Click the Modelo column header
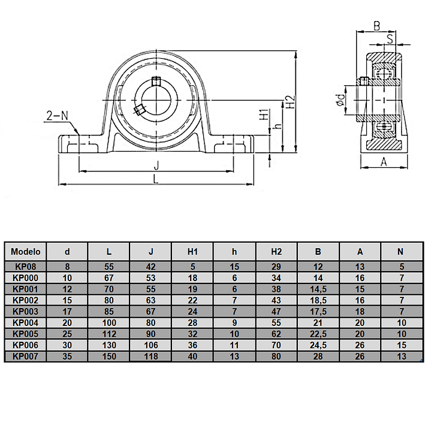click(x=26, y=252)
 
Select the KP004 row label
click(x=26, y=323)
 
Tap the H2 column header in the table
click(x=276, y=252)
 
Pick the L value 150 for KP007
click(x=109, y=357)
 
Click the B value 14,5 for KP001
click(x=318, y=289)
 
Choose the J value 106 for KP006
click(x=151, y=345)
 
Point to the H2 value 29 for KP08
click(x=276, y=267)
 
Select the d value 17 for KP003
click(x=67, y=312)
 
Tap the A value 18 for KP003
click(x=360, y=312)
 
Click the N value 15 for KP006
click(x=402, y=345)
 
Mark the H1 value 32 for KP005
click(x=192, y=334)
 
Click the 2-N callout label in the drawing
click(x=57, y=116)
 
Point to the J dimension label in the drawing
click(x=156, y=165)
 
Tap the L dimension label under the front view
click(x=156, y=179)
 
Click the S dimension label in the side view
click(x=390, y=39)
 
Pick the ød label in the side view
click(x=341, y=100)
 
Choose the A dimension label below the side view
click(x=384, y=162)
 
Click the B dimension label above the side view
click(x=377, y=26)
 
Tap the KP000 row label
click(x=26, y=278)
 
